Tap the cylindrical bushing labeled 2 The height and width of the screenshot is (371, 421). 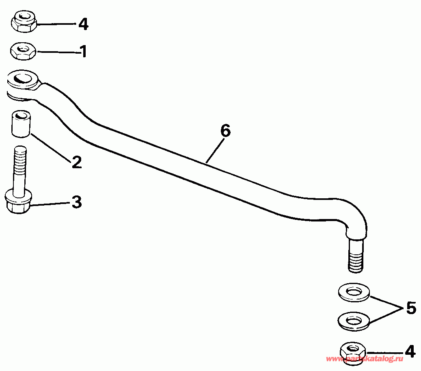20,124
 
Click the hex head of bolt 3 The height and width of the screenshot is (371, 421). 19,202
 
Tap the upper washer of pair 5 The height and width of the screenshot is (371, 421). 354,293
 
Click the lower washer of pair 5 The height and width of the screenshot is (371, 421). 354,321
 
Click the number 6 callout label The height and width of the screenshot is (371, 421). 225,131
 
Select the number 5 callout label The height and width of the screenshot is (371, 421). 410,308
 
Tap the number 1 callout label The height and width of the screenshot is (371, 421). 83,52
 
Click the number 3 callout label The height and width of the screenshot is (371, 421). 76,202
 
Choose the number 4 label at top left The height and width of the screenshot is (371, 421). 83,24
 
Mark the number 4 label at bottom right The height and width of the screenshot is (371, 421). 410,351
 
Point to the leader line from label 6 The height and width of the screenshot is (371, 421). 214,150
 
